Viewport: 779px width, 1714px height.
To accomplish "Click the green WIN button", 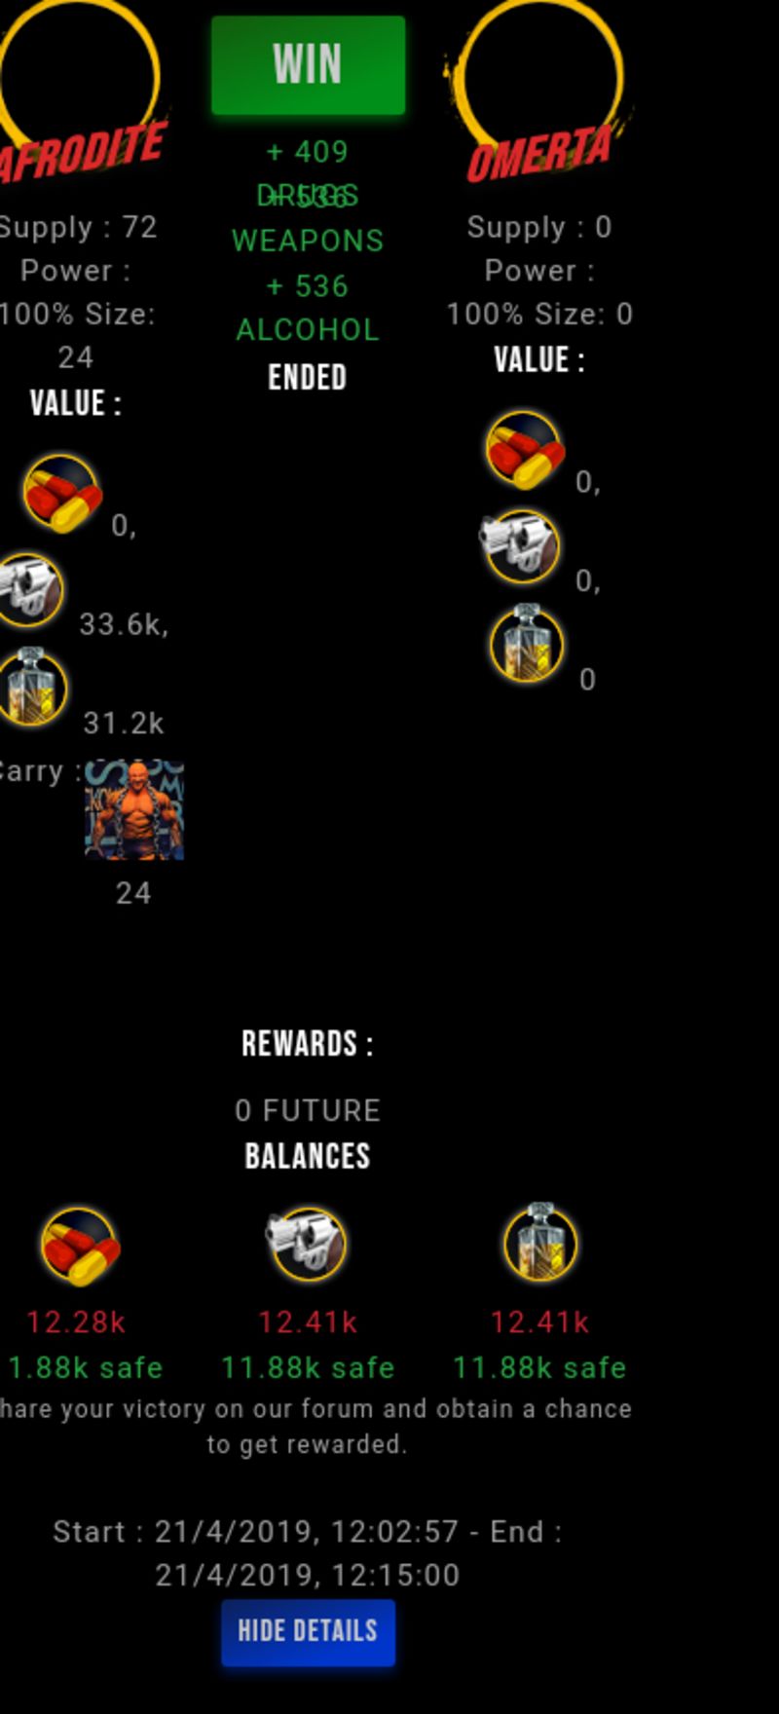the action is (308, 65).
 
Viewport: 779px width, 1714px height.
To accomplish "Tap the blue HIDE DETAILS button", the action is (308, 1631).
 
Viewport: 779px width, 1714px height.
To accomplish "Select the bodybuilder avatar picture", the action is (134, 810).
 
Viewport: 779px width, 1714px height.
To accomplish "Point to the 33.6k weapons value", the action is (123, 624).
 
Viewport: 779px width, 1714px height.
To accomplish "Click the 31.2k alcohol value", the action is (124, 724).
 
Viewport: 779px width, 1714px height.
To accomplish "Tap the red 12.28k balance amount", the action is (76, 1323).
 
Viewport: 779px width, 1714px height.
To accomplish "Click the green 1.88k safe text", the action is (85, 1368).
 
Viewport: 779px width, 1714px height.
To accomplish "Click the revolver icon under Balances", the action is (308, 1244).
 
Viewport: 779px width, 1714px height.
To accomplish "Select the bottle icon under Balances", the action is (540, 1242).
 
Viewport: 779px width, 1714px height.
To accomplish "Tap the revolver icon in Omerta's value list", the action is (521, 545).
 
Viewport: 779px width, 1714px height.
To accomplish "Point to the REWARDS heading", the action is (308, 1044).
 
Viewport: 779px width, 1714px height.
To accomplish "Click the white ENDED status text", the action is (308, 378).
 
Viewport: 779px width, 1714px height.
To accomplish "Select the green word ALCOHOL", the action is (308, 330).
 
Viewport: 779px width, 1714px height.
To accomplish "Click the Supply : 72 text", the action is (78, 227).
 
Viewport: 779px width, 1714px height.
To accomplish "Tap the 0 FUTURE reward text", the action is (308, 1110).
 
